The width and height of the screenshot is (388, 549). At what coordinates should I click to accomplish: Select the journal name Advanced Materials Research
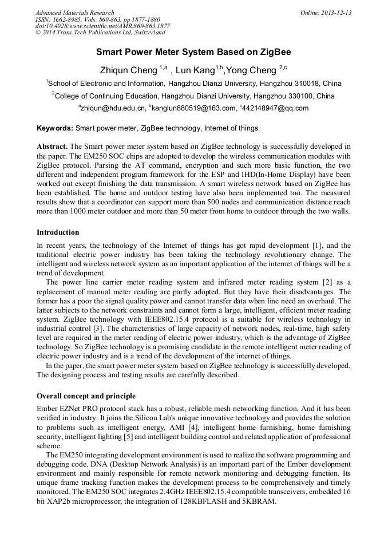coord(74,13)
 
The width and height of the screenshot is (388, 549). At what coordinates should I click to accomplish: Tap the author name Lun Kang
coord(195,70)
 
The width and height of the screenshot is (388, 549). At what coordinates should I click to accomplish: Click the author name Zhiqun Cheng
coord(128,70)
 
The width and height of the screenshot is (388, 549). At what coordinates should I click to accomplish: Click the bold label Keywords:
coord(55,128)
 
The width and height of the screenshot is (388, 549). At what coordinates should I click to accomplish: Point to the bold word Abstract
coord(52,147)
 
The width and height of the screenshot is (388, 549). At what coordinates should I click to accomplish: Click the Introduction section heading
coord(58,232)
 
